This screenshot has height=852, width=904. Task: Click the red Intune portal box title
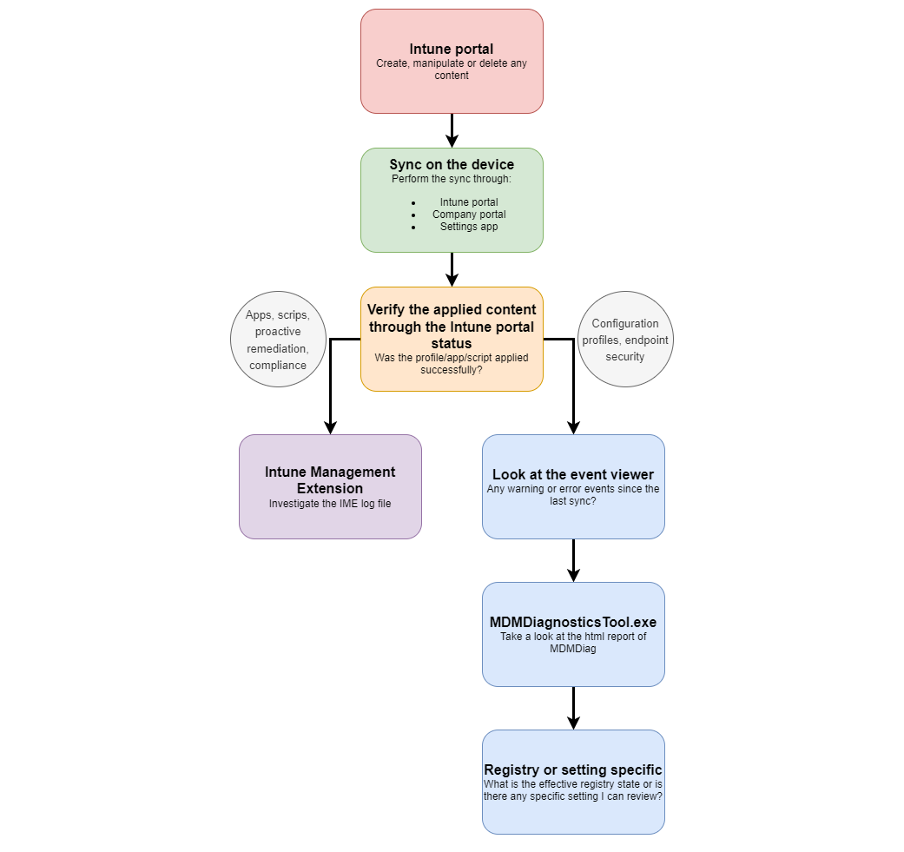pyautogui.click(x=452, y=50)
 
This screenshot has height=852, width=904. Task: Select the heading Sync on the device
pyautogui.click(x=452, y=165)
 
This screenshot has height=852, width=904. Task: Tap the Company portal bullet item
pyautogui.click(x=469, y=215)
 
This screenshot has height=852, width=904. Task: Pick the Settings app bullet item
pyautogui.click(x=469, y=227)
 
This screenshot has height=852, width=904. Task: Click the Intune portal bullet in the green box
pyautogui.click(x=469, y=202)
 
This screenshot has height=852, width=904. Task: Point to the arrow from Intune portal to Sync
pyautogui.click(x=452, y=130)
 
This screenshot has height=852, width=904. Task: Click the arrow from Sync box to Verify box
pyautogui.click(x=452, y=269)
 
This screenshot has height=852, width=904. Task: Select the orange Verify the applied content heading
pyautogui.click(x=452, y=327)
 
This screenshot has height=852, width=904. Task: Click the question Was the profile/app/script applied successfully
pyautogui.click(x=452, y=363)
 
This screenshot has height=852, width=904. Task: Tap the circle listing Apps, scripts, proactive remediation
pyautogui.click(x=278, y=339)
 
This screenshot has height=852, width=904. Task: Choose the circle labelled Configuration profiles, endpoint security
pyautogui.click(x=625, y=339)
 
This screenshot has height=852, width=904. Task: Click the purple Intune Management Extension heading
pyautogui.click(x=330, y=480)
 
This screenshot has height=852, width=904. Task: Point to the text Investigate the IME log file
pyautogui.click(x=330, y=504)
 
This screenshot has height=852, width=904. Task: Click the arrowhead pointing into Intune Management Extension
pyautogui.click(x=330, y=426)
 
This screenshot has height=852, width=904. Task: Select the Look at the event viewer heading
pyautogui.click(x=573, y=474)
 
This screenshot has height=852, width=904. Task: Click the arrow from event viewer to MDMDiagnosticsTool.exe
pyautogui.click(x=573, y=560)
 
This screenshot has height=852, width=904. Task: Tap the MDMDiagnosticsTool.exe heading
pyautogui.click(x=573, y=622)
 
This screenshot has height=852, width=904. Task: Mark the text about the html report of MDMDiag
pyautogui.click(x=573, y=643)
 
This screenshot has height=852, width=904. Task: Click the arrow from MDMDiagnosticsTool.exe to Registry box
pyautogui.click(x=573, y=708)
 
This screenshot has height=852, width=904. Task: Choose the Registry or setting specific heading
pyautogui.click(x=573, y=769)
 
